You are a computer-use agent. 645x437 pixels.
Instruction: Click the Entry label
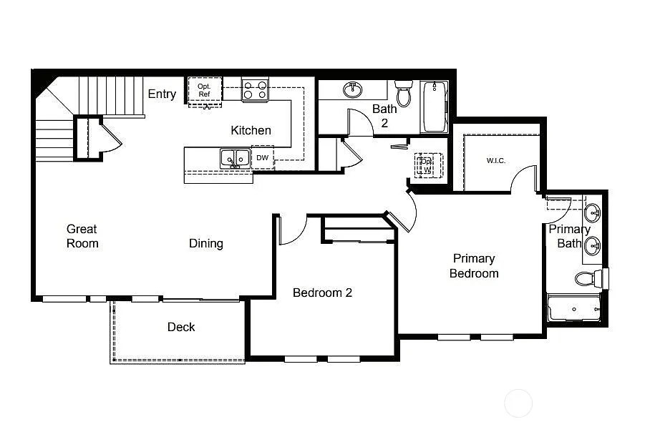click(162, 94)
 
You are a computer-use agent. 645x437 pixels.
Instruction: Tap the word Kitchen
click(251, 130)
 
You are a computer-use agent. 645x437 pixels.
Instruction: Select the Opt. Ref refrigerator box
click(205, 91)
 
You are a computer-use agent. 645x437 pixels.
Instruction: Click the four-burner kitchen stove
click(255, 90)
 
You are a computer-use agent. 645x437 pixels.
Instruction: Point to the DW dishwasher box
click(263, 157)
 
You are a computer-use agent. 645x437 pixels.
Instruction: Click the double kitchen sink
click(235, 158)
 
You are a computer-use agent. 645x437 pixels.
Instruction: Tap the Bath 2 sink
click(352, 89)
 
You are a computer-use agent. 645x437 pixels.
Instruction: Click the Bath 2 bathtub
click(435, 107)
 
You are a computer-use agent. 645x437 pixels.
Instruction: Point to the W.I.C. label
click(496, 160)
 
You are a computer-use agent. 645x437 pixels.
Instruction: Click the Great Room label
click(82, 236)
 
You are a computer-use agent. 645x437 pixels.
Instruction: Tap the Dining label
click(206, 243)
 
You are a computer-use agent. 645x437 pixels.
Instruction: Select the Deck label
click(181, 327)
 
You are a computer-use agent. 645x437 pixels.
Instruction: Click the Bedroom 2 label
click(322, 293)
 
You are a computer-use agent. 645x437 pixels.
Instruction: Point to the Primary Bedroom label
click(474, 265)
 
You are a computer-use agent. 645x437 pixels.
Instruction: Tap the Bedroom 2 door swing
click(292, 230)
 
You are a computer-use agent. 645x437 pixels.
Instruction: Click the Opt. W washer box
click(428, 165)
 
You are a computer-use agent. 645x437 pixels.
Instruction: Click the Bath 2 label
click(384, 116)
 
